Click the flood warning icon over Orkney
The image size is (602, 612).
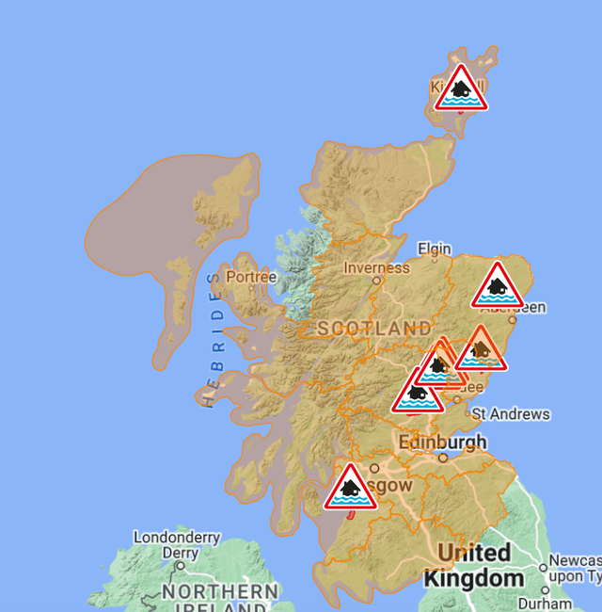[460, 89]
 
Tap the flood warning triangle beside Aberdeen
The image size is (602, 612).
[497, 286]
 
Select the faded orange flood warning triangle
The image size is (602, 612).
[481, 349]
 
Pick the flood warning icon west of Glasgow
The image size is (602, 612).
[350, 488]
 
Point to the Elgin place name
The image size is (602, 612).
[435, 249]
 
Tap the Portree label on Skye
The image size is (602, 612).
[251, 278]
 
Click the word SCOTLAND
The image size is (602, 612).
[374, 329]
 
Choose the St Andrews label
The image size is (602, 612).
[511, 413]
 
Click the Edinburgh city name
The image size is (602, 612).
[443, 442]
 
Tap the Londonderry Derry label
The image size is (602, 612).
[177, 545]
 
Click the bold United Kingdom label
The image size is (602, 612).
[474, 565]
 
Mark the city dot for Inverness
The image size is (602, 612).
[376, 280]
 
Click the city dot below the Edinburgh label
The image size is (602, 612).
[443, 458]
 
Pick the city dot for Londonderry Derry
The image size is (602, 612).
[181, 567]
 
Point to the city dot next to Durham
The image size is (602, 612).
[545, 590]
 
